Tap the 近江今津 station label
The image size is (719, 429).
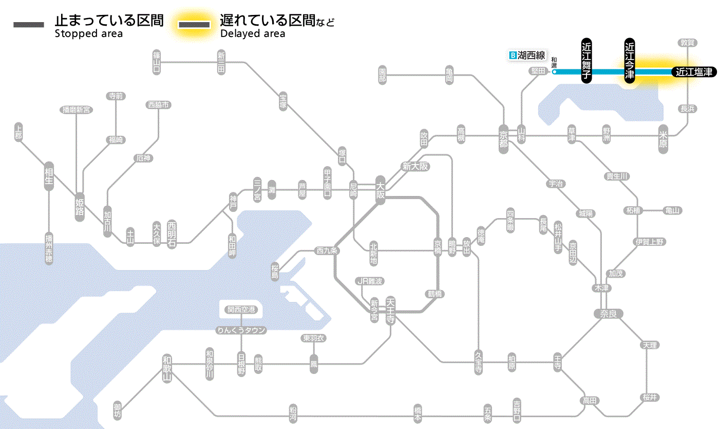tap(630, 60)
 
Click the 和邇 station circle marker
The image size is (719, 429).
tap(554, 71)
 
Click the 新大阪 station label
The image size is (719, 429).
tap(415, 166)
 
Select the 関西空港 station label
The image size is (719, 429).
tap(241, 310)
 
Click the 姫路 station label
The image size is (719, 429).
tap(80, 207)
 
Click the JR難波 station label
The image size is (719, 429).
tap(370, 281)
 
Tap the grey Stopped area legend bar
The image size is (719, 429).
tap(28, 25)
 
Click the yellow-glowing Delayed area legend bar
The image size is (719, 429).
tap(194, 25)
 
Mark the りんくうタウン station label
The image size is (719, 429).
tap(241, 330)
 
